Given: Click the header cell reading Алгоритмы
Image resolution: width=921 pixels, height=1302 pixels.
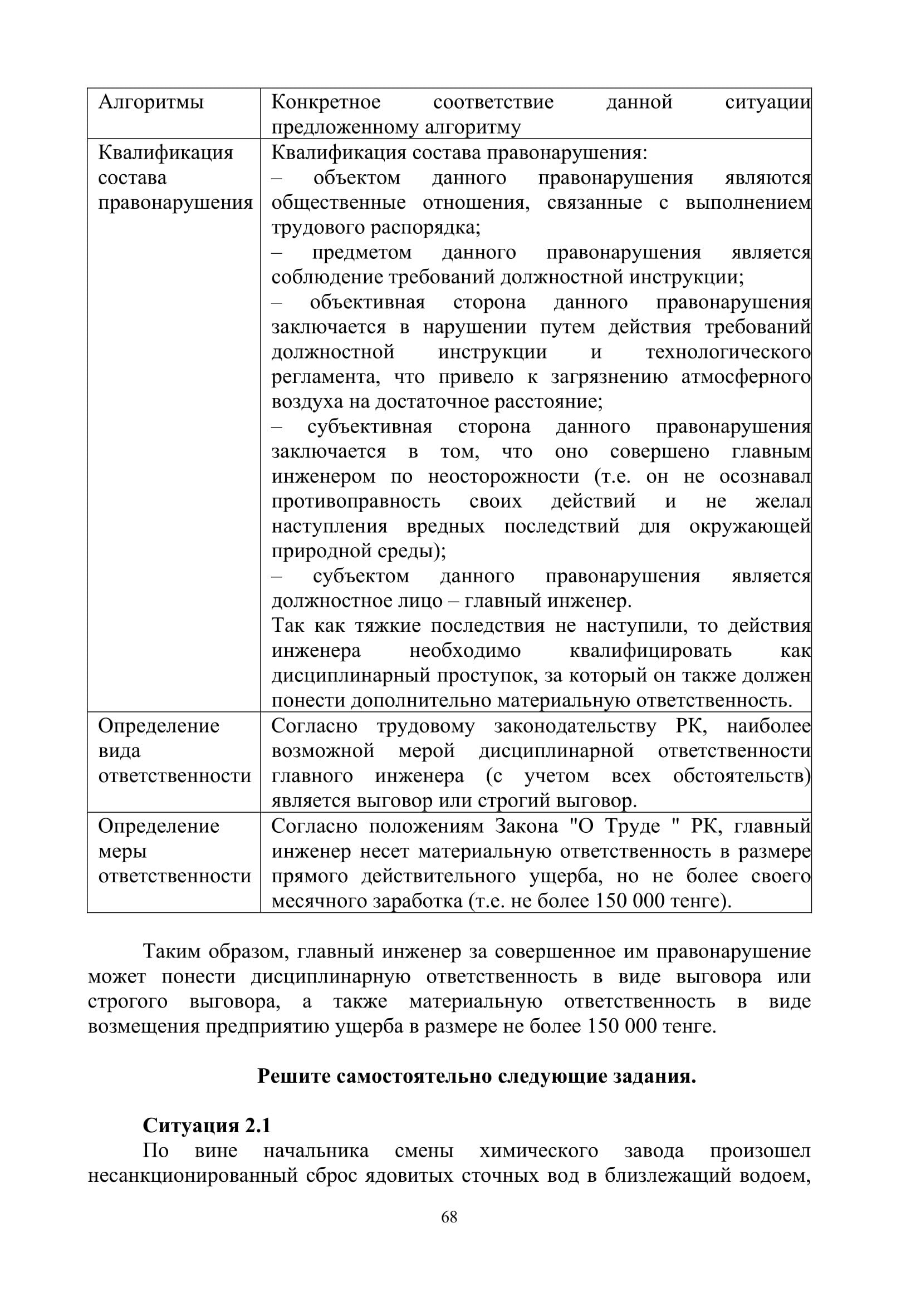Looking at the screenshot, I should pos(151,102).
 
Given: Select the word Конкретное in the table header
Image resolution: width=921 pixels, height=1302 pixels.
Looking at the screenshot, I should pos(326,102).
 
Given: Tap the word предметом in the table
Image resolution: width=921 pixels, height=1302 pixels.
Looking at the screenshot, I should pos(361,252).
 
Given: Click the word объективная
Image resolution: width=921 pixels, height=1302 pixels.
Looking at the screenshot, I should pos(367,302).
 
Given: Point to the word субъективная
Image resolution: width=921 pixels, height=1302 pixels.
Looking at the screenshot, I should pos(369,427).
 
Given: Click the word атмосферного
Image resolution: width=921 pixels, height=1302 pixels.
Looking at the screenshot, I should pos(746,377).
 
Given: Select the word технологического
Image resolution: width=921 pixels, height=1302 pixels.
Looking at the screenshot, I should pos(728,352).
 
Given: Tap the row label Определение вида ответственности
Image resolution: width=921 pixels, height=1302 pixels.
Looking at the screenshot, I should pos(174,751).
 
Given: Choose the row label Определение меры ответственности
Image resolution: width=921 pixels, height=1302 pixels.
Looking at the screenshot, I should pos(174,851).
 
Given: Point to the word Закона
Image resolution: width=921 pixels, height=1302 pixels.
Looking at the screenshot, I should pos(526,826).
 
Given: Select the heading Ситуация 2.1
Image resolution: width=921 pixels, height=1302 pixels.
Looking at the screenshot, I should pos(207,1126).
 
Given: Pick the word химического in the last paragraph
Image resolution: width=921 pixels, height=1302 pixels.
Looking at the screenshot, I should pos(539,1151).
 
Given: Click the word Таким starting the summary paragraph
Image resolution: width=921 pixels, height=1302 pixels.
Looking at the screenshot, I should pos(172,951).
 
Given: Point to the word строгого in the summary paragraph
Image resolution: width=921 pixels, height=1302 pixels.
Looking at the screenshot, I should pos(128,1001).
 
